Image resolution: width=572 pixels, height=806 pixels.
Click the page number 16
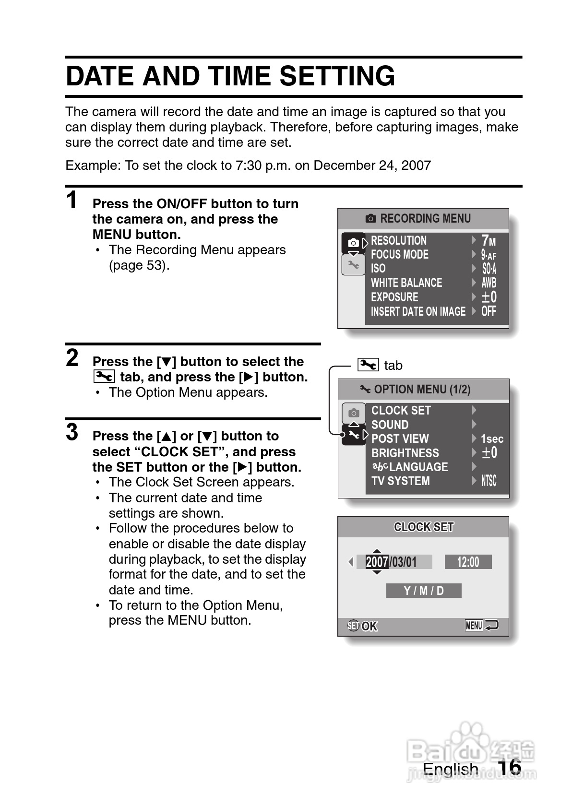coord(510,767)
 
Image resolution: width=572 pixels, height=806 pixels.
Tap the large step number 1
coord(72,200)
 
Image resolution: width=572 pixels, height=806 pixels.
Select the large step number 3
coord(72,432)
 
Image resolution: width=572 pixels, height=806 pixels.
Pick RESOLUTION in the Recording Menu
coord(398,240)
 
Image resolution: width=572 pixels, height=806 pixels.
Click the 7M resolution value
coord(489,240)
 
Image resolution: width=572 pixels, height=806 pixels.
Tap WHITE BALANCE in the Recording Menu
coord(406,283)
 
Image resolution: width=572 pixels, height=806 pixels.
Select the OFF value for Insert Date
coord(489,311)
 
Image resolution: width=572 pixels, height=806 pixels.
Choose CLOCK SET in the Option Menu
coord(401,411)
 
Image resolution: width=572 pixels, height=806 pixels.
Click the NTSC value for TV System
coord(489,481)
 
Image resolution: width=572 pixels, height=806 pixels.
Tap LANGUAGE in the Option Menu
coord(418,467)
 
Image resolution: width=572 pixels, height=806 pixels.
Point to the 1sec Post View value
coord(492,439)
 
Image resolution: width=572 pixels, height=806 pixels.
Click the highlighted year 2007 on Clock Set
coord(377,562)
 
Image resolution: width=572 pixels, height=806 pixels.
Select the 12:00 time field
coord(468,562)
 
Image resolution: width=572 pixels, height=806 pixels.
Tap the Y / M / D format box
coord(424,591)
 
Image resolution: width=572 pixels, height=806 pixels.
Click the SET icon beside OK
coord(353,626)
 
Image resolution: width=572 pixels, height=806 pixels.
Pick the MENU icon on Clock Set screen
coord(474,625)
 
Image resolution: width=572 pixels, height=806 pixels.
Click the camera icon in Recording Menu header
coord(371,219)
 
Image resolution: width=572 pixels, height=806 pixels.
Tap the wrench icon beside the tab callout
coord(368,365)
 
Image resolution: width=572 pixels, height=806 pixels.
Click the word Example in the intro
coord(93,166)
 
